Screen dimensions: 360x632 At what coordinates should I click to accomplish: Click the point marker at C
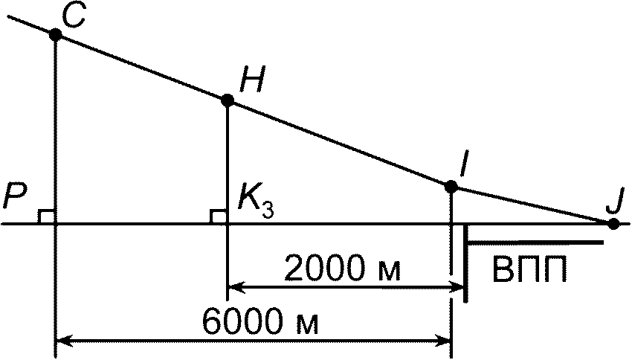(55, 34)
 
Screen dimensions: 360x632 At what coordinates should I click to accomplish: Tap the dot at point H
(228, 100)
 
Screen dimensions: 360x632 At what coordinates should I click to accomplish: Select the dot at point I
(451, 186)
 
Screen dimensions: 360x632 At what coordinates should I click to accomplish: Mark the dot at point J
(613, 222)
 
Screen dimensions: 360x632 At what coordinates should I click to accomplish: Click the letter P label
(15, 198)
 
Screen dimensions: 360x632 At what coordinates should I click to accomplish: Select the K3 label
(255, 201)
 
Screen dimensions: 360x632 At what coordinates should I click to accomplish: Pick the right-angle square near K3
(219, 216)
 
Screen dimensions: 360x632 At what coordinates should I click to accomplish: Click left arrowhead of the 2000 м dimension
(235, 285)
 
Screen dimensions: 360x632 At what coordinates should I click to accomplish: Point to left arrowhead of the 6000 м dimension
(64, 341)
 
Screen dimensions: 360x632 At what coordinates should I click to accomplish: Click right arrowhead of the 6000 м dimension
(444, 341)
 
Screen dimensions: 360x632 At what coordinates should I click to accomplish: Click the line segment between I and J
(532, 205)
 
